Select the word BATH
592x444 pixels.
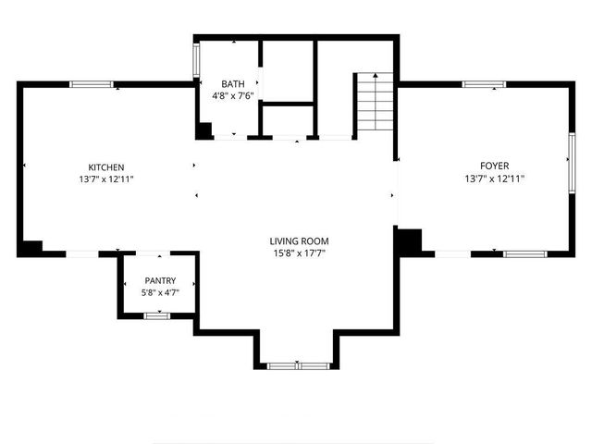coord(232,83)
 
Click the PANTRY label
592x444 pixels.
coord(159,280)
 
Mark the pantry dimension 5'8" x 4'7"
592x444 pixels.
coord(159,292)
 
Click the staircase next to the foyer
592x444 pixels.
coord(375,104)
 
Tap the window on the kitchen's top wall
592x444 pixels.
coord(92,84)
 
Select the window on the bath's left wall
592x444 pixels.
coord(195,60)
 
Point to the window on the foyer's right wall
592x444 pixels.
coord(572,160)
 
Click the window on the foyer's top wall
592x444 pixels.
coord(484,84)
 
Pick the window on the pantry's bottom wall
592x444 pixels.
coord(156,315)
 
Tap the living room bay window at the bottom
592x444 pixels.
coord(298,365)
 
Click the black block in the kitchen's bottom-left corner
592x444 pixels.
coord(31,247)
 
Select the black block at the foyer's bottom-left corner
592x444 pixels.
coord(408,240)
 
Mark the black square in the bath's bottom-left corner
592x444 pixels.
coord(203,130)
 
